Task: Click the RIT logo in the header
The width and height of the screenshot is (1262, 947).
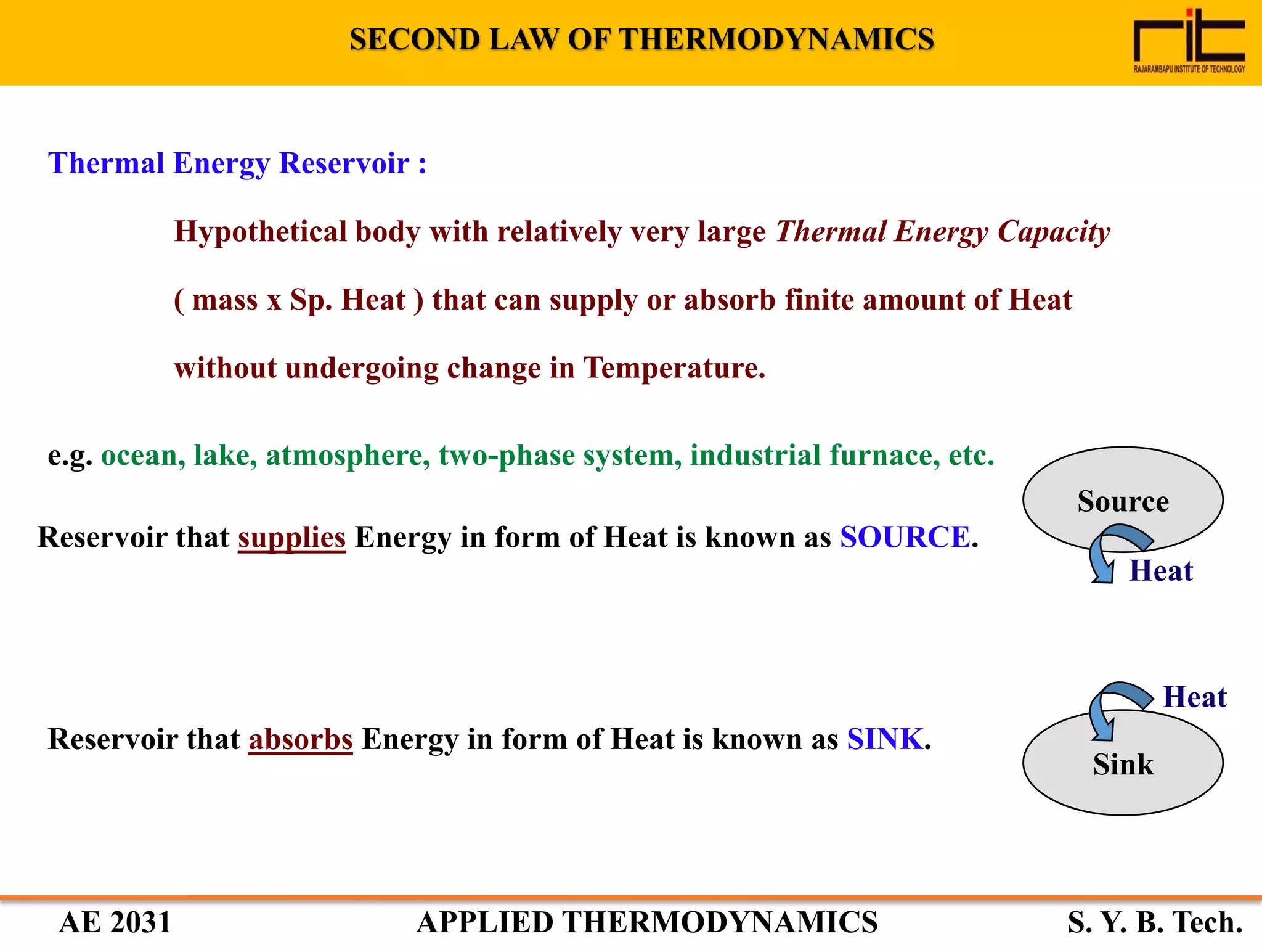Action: point(1189,41)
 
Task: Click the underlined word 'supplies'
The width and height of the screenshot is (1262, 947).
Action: point(291,537)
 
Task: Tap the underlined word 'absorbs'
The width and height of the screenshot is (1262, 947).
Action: point(300,739)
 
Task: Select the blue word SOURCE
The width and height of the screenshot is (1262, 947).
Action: point(905,537)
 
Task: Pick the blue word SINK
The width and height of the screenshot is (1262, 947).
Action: point(885,739)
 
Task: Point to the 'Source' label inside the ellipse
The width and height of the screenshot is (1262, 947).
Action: point(1123,501)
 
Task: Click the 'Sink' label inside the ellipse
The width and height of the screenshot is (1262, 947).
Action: point(1123,765)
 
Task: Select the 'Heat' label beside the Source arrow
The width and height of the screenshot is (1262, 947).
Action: point(1160,571)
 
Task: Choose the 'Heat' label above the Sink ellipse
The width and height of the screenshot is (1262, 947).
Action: point(1194,697)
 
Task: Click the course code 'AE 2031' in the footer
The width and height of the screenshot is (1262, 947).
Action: point(115,922)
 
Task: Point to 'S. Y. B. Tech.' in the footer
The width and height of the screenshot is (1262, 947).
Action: point(1155,922)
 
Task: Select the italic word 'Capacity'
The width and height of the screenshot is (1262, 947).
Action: point(1054,232)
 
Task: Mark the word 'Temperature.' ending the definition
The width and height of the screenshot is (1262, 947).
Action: point(674,368)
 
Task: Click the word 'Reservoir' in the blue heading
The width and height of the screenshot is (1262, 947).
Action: point(344,163)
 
